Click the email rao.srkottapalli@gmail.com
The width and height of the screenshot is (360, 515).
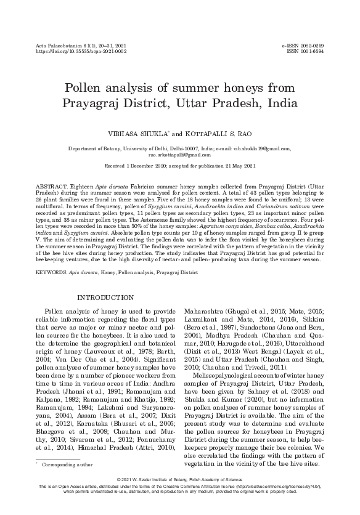179,156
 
